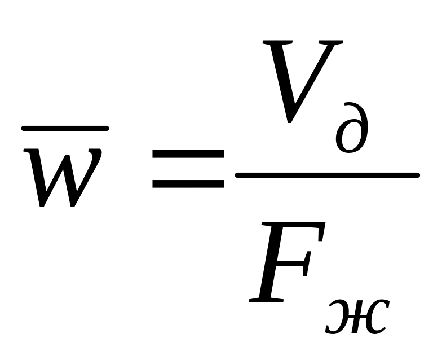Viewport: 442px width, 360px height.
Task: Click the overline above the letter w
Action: tap(65, 129)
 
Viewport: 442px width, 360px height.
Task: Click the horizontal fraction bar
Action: tap(327, 175)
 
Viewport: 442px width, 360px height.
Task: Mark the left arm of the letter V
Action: tap(279, 79)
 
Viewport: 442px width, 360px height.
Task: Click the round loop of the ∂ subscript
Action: tap(350, 138)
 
